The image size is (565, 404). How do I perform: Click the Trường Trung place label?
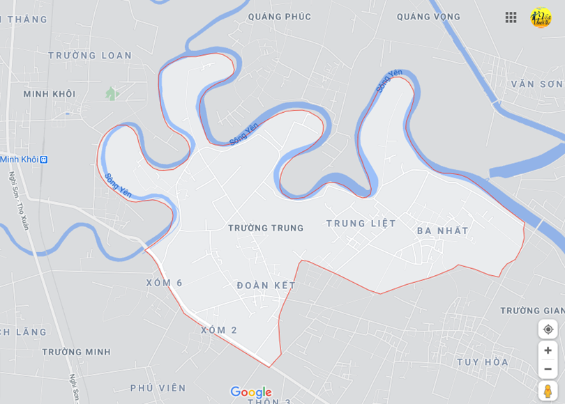[x=266, y=228]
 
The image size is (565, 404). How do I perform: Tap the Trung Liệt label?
[x=361, y=224]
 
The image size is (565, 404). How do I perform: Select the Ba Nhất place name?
[x=442, y=231]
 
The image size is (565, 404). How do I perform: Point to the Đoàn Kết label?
[x=266, y=286]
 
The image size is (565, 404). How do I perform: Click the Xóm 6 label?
[x=165, y=283]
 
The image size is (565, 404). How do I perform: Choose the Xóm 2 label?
[x=219, y=330]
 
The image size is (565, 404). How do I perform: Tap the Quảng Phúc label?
[x=279, y=17]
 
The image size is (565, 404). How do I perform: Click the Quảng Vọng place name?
[x=428, y=17]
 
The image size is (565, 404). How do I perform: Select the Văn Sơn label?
[x=536, y=84]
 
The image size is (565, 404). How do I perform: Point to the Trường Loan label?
[x=90, y=56]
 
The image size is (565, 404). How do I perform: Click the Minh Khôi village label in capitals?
[x=49, y=94]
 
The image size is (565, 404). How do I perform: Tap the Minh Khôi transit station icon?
[x=44, y=160]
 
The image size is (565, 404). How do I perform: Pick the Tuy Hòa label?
[x=483, y=362]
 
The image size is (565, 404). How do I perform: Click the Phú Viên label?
[x=158, y=388]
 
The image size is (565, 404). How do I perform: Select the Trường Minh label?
[x=76, y=352]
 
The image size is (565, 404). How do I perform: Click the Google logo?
[x=251, y=392]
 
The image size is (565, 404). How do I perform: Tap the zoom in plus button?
[x=548, y=350]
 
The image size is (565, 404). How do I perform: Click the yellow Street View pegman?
[x=548, y=391]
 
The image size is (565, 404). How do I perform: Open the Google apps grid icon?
[x=511, y=17]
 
